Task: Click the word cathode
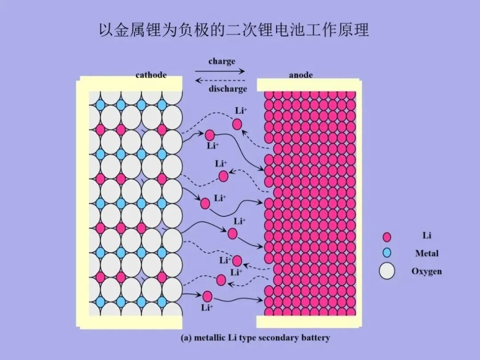151,75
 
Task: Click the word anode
300,75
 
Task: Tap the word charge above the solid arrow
222,61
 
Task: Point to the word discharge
227,89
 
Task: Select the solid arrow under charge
220,71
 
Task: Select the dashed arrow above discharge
220,80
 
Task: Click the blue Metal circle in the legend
386,253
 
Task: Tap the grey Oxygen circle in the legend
386,271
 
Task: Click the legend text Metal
426,253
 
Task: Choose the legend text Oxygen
426,271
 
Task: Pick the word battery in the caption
315,337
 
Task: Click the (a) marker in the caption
186,337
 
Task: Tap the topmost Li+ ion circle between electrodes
237,124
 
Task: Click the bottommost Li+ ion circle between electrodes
207,296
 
